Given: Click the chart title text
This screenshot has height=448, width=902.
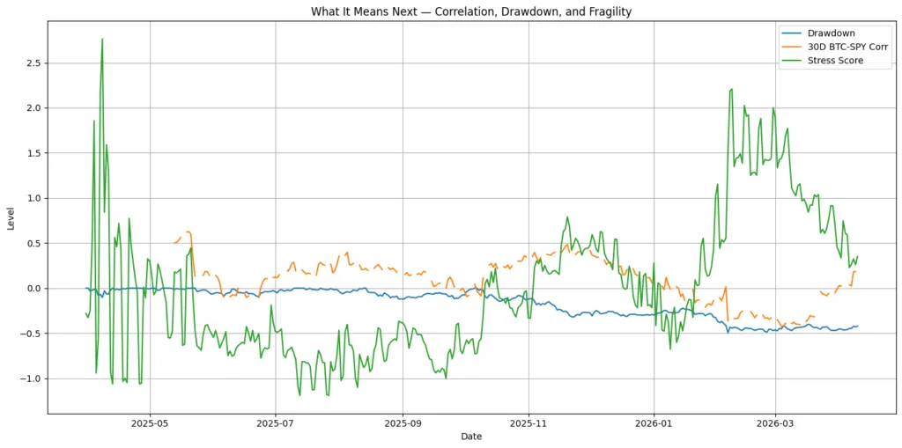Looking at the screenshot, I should pos(470,11).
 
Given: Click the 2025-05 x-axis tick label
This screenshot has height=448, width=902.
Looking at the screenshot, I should pos(150,423).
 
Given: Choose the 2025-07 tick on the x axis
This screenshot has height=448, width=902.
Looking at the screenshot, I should pos(276,423).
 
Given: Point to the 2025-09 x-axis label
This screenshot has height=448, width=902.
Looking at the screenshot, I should pos(403,423).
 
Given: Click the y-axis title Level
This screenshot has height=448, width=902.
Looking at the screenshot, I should pos(11,218).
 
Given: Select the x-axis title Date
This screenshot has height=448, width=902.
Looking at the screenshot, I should pos(470,437).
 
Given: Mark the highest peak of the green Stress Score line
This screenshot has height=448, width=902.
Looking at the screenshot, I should pos(102,39).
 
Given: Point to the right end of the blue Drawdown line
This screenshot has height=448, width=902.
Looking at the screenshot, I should pos(857,327).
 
